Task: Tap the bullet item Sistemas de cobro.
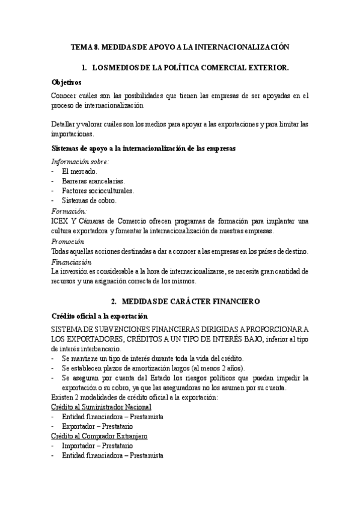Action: [89, 200]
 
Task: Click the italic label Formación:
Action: [69, 211]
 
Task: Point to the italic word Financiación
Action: [72, 262]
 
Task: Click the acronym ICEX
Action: [61, 221]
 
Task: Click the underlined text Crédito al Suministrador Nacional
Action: [102, 407]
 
